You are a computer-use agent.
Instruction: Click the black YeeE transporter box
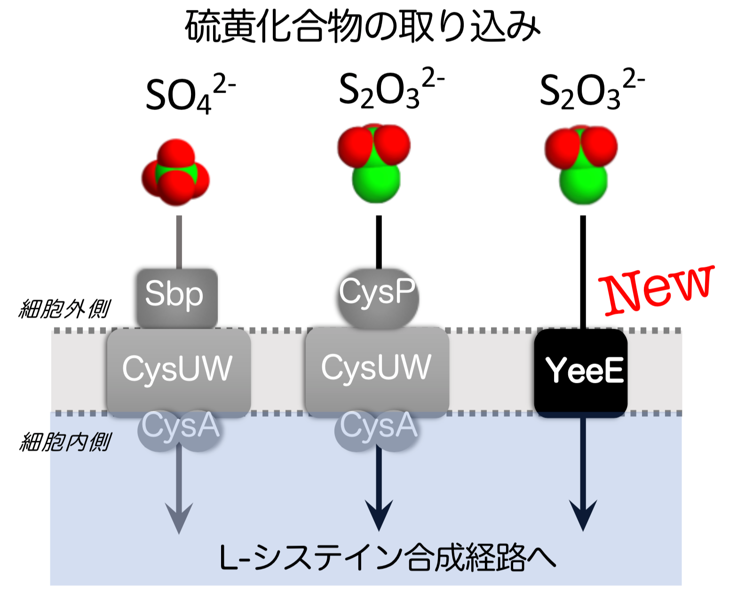point(581,373)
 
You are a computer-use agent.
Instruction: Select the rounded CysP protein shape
point(378,299)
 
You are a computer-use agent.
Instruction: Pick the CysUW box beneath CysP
point(377,372)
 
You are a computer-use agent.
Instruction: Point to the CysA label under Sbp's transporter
point(180,426)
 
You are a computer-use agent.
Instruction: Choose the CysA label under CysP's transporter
point(379,426)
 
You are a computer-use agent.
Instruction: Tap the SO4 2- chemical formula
point(190,93)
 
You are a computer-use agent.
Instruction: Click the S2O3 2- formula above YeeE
point(592,89)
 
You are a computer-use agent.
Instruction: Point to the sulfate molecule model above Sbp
point(175,172)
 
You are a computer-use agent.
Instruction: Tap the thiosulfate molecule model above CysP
point(374,163)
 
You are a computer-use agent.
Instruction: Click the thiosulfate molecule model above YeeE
point(581,165)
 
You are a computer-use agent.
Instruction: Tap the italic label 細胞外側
point(64,308)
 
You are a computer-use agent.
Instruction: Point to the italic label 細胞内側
point(65,442)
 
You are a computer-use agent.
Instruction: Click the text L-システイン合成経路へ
point(388,558)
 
